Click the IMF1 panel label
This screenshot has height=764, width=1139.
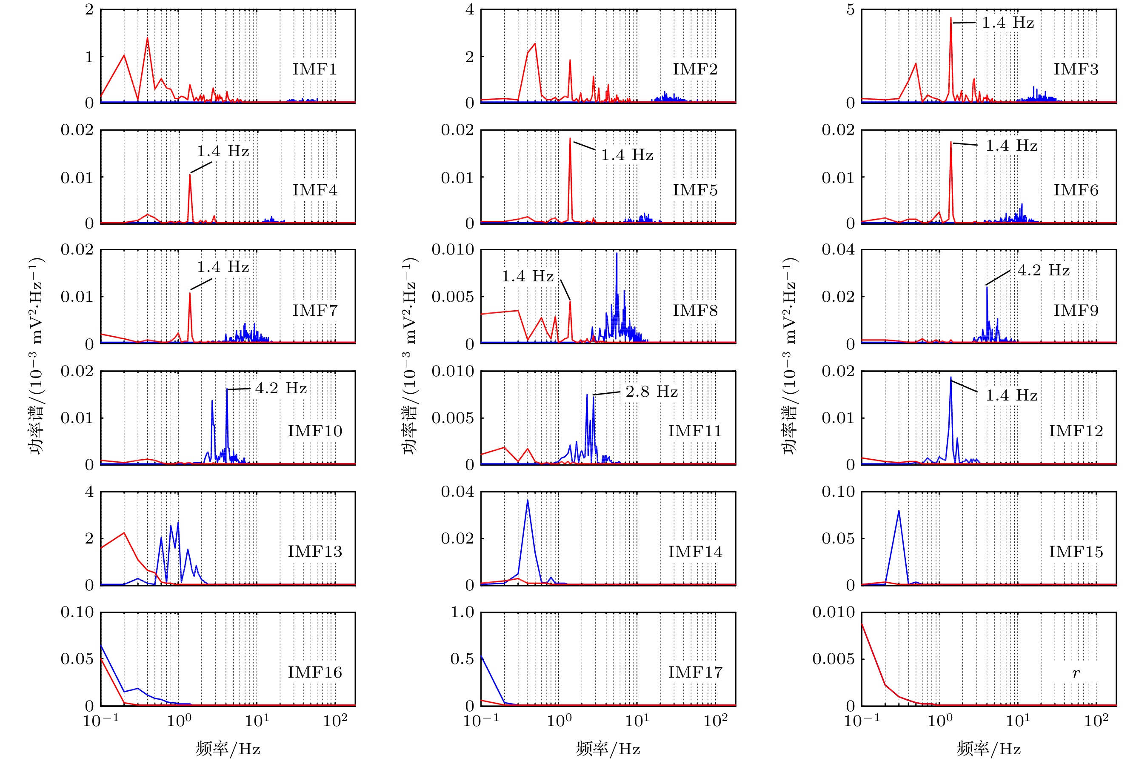click(314, 69)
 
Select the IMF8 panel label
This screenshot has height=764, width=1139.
click(695, 310)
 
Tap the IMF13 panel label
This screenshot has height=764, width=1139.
click(314, 552)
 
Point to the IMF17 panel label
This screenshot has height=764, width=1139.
click(695, 672)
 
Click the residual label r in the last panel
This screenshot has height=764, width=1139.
click(1076, 673)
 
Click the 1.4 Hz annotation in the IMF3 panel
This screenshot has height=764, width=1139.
click(1008, 23)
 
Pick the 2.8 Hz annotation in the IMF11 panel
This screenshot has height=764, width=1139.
click(651, 391)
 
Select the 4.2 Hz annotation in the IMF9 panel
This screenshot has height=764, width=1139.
click(1044, 270)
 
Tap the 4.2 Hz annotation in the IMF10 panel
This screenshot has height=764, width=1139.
click(281, 388)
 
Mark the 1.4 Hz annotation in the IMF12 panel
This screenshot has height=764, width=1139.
click(1011, 395)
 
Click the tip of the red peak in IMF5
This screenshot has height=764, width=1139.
click(570, 138)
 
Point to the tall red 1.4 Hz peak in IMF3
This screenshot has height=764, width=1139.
click(951, 19)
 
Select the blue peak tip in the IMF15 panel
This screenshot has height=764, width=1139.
click(899, 510)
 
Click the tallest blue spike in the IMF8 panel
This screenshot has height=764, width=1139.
click(617, 253)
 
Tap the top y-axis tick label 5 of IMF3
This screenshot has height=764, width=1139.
click(850, 10)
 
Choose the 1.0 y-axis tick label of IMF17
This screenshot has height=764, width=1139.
click(462, 612)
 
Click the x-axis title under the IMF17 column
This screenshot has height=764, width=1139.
click(608, 748)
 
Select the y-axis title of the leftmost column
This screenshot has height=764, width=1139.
click(37, 356)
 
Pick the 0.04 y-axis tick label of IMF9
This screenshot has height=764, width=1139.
click(838, 249)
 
